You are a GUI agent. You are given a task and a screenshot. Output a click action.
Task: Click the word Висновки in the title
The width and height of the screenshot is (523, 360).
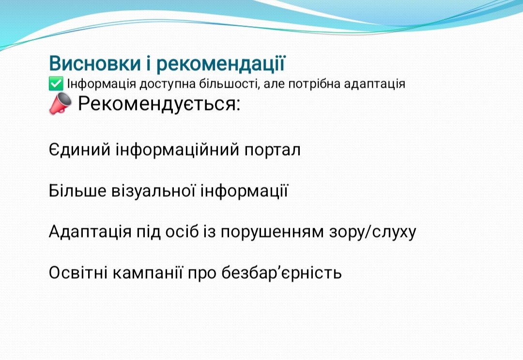95,63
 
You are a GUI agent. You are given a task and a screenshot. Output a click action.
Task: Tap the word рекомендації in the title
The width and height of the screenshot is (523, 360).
221,64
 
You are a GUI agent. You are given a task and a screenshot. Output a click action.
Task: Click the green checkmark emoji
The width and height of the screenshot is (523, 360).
56,83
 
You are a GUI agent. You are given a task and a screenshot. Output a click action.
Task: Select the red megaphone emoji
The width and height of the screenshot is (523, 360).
60,103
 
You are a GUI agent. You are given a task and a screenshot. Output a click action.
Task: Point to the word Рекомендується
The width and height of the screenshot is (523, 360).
159,104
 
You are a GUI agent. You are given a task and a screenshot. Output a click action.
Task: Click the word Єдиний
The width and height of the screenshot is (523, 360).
79,149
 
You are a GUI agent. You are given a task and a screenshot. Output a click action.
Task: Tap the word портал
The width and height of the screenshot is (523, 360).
273,150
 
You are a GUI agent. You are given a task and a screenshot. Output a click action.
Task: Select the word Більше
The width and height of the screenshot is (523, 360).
77,190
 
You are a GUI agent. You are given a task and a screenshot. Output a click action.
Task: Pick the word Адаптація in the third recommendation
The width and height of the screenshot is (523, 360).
90,232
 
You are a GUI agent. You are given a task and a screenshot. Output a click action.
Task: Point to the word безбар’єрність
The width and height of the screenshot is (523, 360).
281,273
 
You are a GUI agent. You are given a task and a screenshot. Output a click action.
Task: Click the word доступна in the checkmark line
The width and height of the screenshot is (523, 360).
168,84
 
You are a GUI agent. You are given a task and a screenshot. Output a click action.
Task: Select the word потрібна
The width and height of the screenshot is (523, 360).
314,84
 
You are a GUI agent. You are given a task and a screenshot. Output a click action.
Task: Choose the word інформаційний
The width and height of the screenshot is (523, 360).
177,150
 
